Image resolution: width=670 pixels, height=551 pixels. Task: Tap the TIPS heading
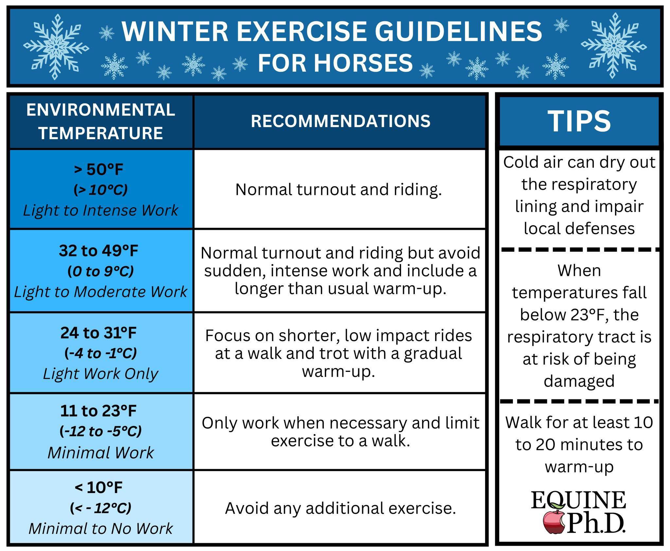(579, 121)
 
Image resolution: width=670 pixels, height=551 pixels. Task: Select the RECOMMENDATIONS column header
(341, 121)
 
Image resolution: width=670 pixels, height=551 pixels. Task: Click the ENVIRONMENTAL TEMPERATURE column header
(101, 121)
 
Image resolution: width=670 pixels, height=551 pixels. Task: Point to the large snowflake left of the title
(56, 46)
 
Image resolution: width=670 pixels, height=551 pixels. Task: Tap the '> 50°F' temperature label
(98, 169)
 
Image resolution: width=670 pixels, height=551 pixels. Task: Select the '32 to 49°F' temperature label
(98, 251)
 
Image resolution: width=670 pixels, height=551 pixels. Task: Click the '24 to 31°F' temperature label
(98, 333)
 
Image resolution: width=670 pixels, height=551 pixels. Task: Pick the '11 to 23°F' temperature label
(98, 411)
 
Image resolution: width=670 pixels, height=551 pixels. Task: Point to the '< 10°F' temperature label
(98, 487)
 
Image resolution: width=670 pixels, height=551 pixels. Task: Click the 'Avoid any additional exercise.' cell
(340, 508)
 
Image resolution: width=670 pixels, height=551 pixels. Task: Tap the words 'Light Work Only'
(101, 374)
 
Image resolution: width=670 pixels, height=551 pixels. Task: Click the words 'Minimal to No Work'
(101, 528)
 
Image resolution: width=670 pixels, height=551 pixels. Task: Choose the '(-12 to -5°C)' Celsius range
(101, 431)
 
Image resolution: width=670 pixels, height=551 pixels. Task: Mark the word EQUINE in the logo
(578, 500)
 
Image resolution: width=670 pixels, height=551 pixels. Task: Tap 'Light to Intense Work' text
(101, 210)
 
